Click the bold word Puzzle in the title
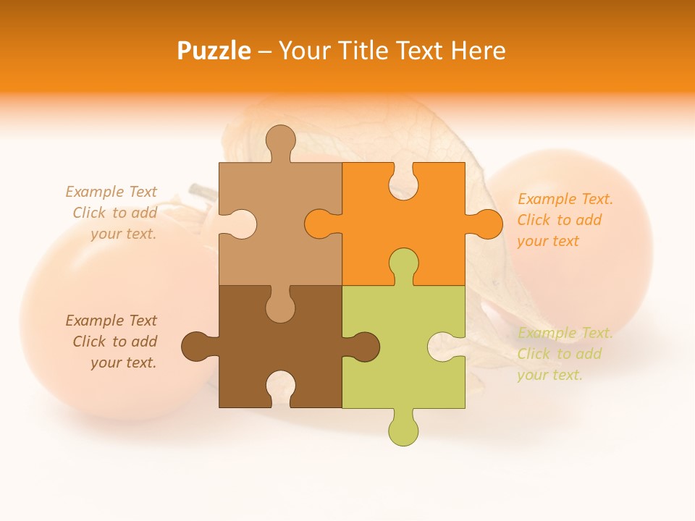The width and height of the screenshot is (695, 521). tap(214, 51)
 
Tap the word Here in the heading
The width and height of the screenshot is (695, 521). tap(477, 51)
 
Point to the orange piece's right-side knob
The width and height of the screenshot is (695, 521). tap(486, 224)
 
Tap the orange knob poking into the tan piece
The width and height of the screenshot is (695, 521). tap(320, 224)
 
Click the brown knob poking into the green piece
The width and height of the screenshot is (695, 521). tap(364, 346)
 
